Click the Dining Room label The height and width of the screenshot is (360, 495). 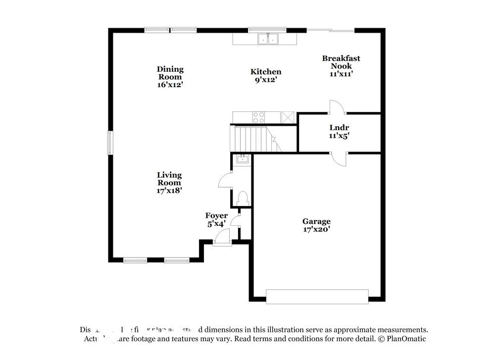[x=170, y=73]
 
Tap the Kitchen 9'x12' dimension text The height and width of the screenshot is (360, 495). [x=266, y=79]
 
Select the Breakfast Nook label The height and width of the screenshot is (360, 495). [x=341, y=62]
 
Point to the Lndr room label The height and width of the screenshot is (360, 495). [x=339, y=128]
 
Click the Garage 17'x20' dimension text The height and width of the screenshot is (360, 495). [x=316, y=229]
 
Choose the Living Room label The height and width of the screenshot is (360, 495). [x=169, y=179]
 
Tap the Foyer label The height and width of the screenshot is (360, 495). [x=216, y=216]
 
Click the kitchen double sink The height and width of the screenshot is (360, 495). [x=268, y=39]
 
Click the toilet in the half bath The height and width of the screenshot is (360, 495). [x=243, y=198]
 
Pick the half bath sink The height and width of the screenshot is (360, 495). [x=243, y=159]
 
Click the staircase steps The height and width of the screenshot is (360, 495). [x=250, y=139]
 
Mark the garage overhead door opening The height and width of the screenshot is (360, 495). [x=317, y=296]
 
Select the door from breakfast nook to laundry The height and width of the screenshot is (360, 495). [x=338, y=107]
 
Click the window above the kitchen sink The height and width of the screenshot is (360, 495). [x=266, y=29]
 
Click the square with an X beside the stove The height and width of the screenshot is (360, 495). [x=288, y=117]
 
